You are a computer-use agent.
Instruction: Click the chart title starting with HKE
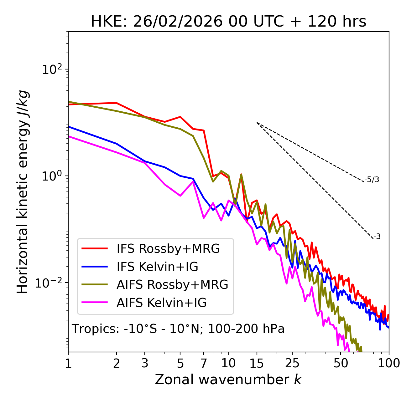tap(228, 22)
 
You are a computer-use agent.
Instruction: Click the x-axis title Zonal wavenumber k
tap(228, 380)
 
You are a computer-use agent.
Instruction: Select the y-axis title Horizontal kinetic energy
tap(23, 192)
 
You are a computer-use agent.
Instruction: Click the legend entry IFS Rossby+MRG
tap(168, 249)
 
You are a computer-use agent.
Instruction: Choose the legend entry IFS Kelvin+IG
tap(157, 267)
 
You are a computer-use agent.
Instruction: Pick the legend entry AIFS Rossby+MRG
tap(172, 285)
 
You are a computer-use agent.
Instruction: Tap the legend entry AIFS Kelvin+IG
tap(161, 303)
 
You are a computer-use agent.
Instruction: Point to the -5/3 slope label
tap(372, 180)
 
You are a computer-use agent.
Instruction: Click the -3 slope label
tap(377, 237)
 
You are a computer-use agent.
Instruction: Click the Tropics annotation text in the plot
tap(178, 329)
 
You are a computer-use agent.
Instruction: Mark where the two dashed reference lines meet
tap(257, 123)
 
